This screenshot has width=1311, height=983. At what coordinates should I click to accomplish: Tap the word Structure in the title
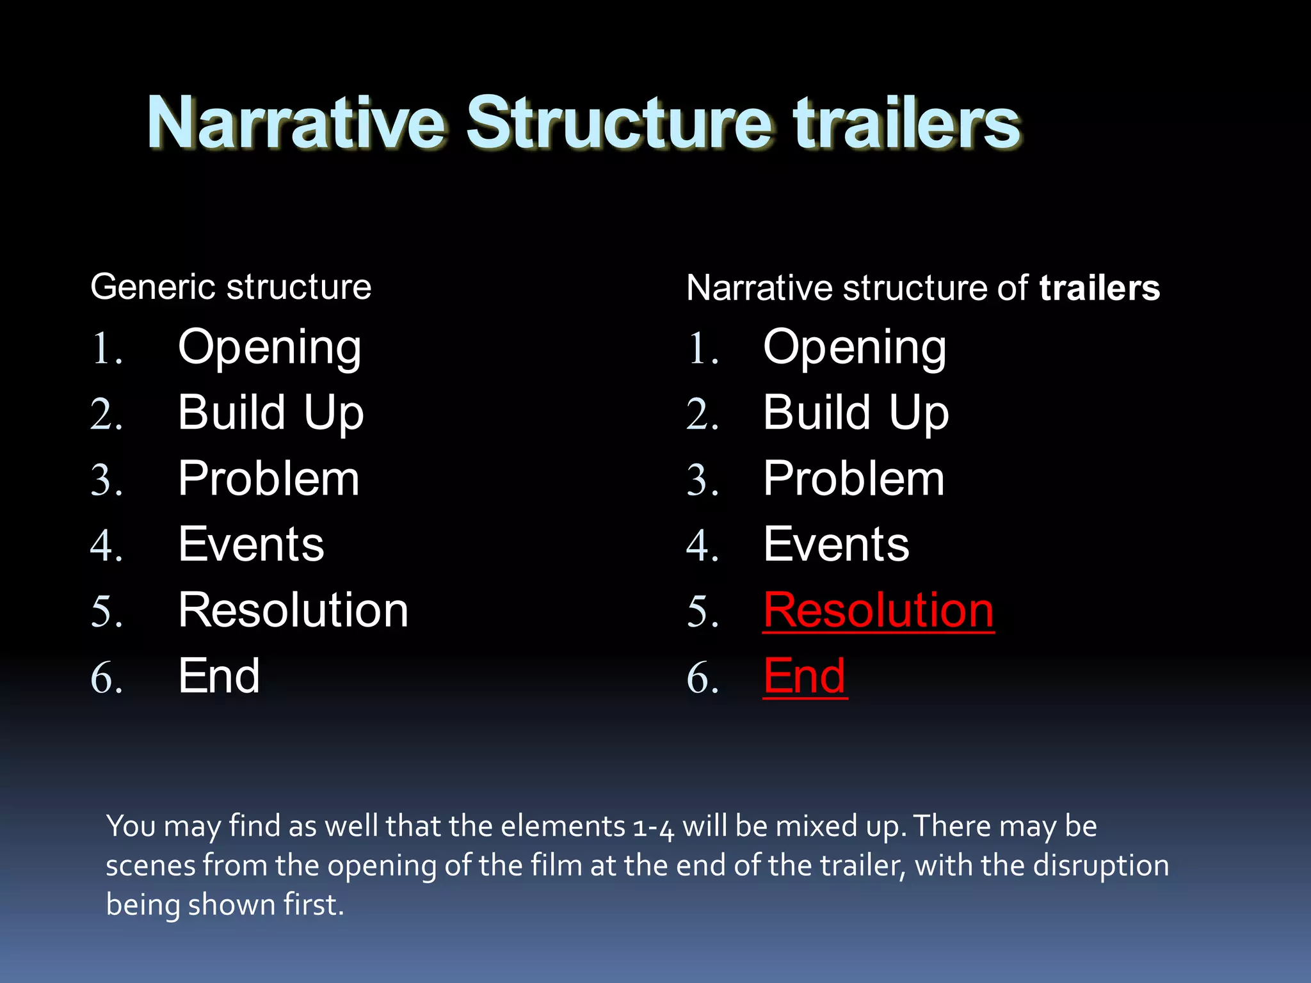point(618,123)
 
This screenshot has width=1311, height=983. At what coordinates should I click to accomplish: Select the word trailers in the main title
point(906,123)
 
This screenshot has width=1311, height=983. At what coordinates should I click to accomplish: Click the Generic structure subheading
point(230,287)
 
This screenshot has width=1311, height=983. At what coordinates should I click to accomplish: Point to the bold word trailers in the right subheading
point(1099,288)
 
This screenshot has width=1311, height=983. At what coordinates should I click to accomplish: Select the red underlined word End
point(805,676)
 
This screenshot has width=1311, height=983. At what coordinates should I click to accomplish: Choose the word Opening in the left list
point(269,348)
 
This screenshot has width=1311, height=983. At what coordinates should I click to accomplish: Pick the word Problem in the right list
point(853,479)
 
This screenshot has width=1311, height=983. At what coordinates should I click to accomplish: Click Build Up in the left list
point(271,413)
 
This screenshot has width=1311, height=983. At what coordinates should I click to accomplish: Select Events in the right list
point(835,545)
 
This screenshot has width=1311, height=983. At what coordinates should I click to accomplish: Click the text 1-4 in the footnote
point(653,827)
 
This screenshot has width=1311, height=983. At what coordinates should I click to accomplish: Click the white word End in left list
point(219,676)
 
